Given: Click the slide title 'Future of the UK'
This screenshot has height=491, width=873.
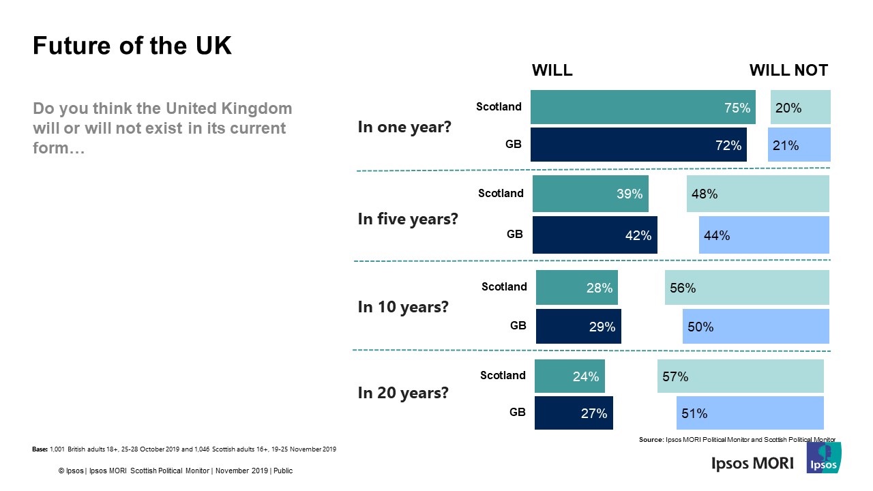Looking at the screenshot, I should (132, 46).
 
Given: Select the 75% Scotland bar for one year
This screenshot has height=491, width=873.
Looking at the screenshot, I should (642, 107).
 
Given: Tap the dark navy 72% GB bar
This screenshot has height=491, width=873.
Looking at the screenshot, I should (638, 145).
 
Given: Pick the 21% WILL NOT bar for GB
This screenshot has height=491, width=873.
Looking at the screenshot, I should (799, 145).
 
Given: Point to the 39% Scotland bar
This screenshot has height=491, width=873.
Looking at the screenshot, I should (590, 194).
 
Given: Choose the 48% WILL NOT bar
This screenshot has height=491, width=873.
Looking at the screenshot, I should (758, 194).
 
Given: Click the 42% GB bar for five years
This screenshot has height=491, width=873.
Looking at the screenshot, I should (594, 235).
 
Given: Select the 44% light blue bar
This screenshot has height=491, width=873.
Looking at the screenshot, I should (764, 235).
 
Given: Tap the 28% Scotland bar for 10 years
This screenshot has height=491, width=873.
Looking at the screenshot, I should (576, 288).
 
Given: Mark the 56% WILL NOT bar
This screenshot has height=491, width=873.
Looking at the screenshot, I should (747, 288).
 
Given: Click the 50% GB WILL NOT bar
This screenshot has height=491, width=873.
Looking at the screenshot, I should (756, 327).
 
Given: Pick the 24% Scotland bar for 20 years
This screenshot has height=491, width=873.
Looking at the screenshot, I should (569, 376).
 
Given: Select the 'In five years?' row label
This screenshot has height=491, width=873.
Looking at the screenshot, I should (408, 219).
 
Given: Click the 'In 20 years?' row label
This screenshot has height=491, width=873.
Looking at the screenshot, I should (403, 393).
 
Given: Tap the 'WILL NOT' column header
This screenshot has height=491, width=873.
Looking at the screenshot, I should (788, 70).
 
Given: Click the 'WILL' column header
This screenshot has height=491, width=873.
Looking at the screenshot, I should (552, 70).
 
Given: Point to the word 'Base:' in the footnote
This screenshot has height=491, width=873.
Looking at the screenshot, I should (40, 449).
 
